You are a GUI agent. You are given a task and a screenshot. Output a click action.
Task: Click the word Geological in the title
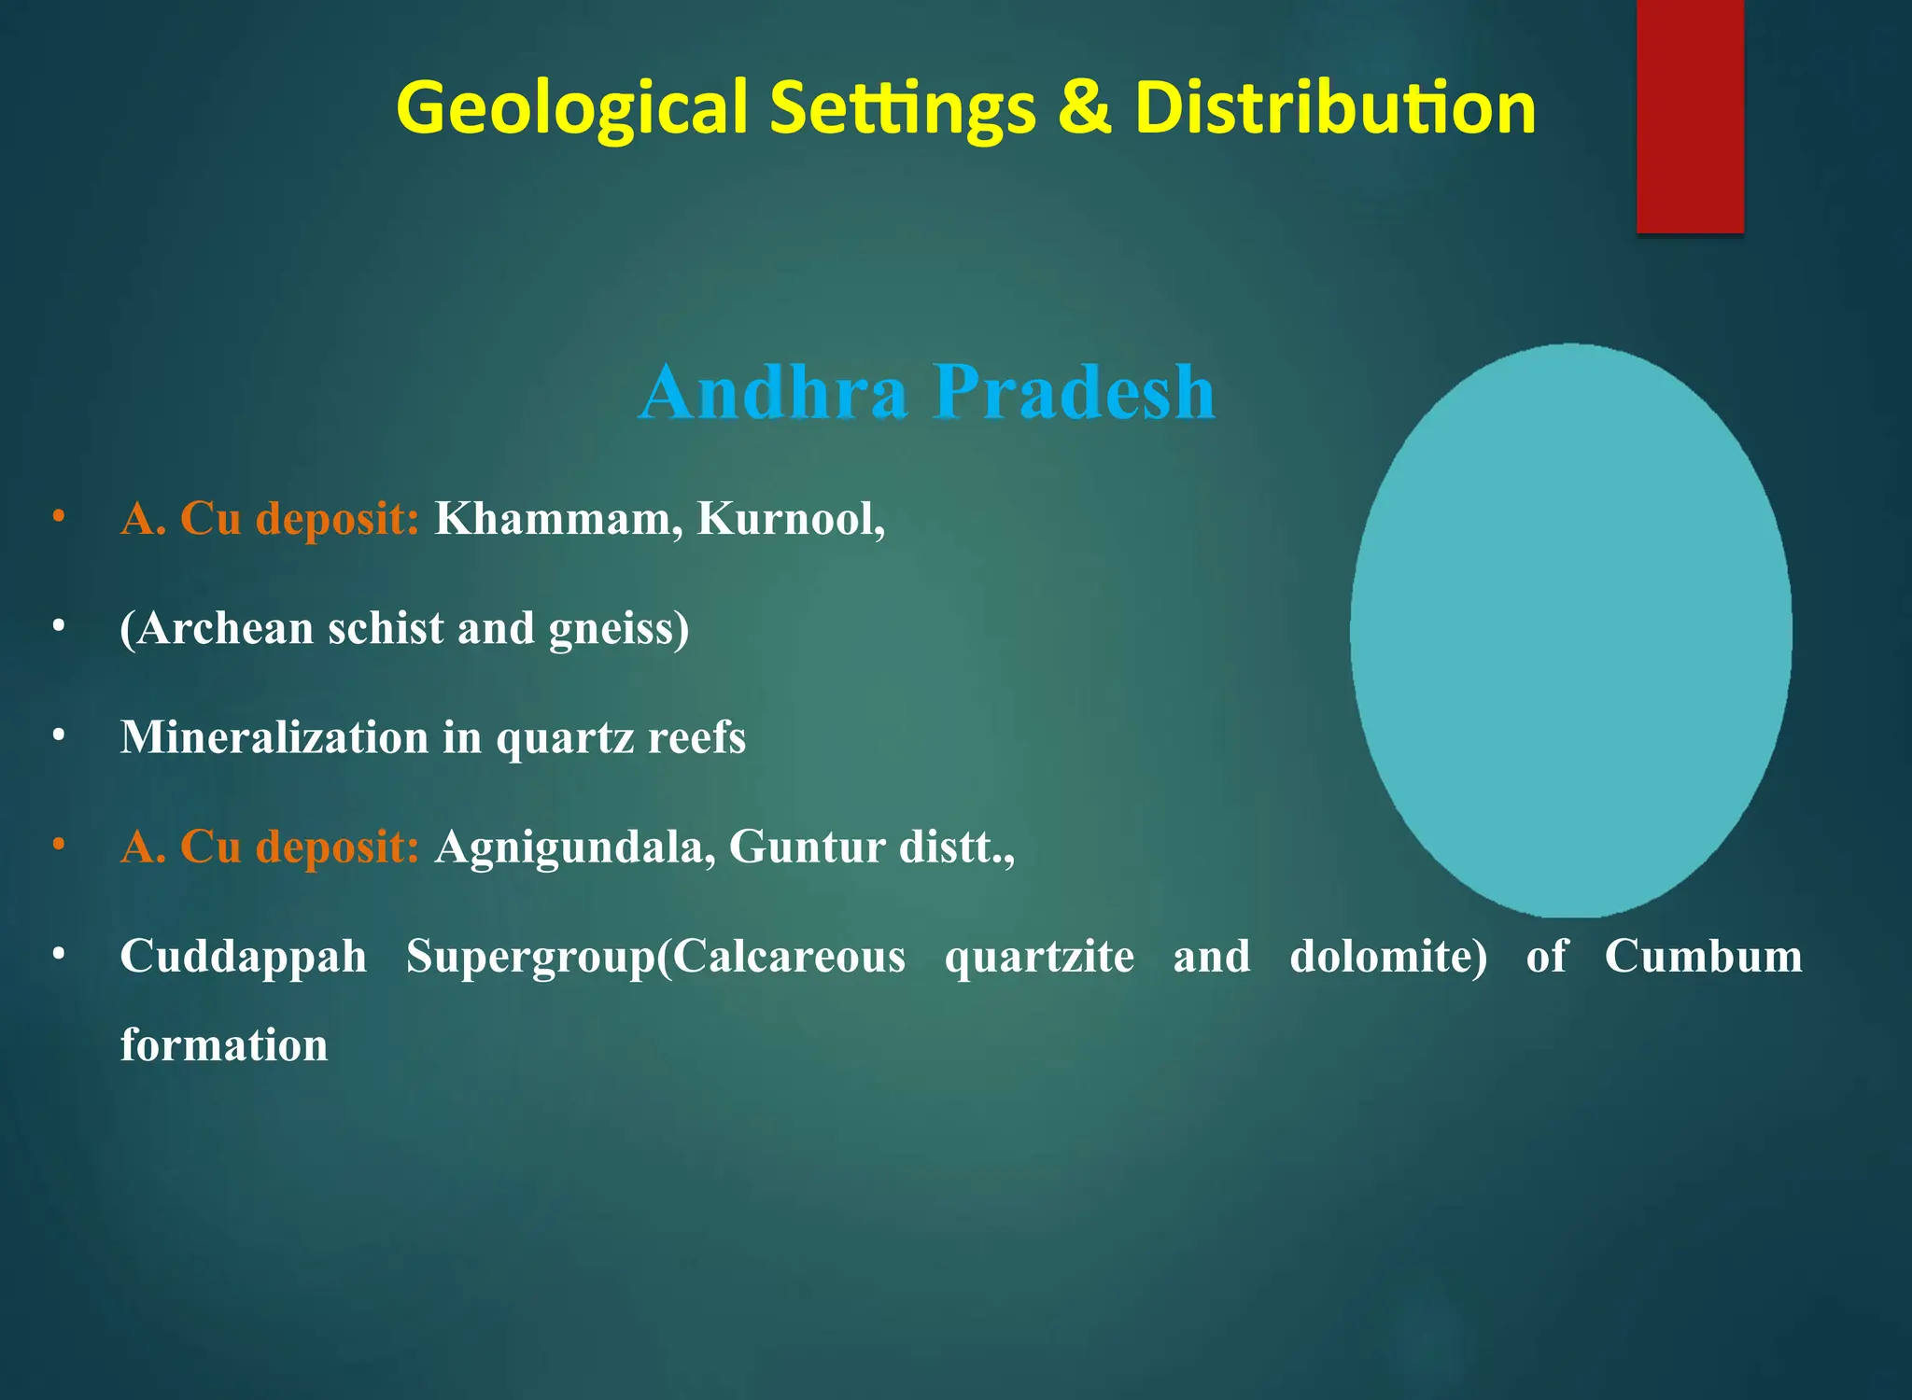(571, 108)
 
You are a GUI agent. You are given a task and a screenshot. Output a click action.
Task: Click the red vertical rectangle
(1690, 116)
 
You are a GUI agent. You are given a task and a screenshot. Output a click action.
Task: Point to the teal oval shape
(1571, 631)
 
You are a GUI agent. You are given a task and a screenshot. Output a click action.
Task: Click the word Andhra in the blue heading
(773, 392)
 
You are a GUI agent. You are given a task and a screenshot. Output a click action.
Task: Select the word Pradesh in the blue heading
(1074, 392)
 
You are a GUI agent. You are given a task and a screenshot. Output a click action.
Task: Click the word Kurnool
(790, 518)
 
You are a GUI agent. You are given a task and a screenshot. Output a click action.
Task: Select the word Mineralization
(274, 737)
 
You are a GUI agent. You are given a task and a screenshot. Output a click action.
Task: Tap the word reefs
(696, 737)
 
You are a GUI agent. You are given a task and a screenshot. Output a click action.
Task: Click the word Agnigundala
(575, 847)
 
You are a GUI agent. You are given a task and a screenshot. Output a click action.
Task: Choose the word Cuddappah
(243, 958)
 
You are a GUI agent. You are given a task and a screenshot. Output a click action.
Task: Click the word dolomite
(1387, 957)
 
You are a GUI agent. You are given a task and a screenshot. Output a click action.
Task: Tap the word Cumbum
(1703, 957)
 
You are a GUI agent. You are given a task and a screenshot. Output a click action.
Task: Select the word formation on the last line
(224, 1044)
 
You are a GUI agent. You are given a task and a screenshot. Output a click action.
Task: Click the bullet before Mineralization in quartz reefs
(59, 737)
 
